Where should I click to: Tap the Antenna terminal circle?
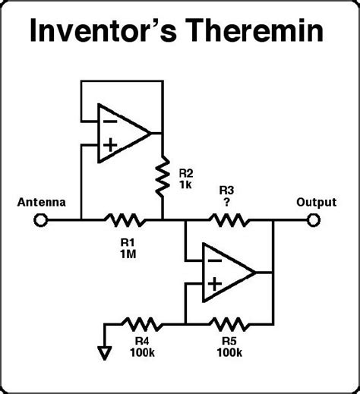point(40,221)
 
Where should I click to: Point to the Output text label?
point(316,203)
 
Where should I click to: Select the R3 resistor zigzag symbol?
point(229,221)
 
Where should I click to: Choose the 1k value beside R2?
point(185,184)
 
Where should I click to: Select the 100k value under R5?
point(228,353)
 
